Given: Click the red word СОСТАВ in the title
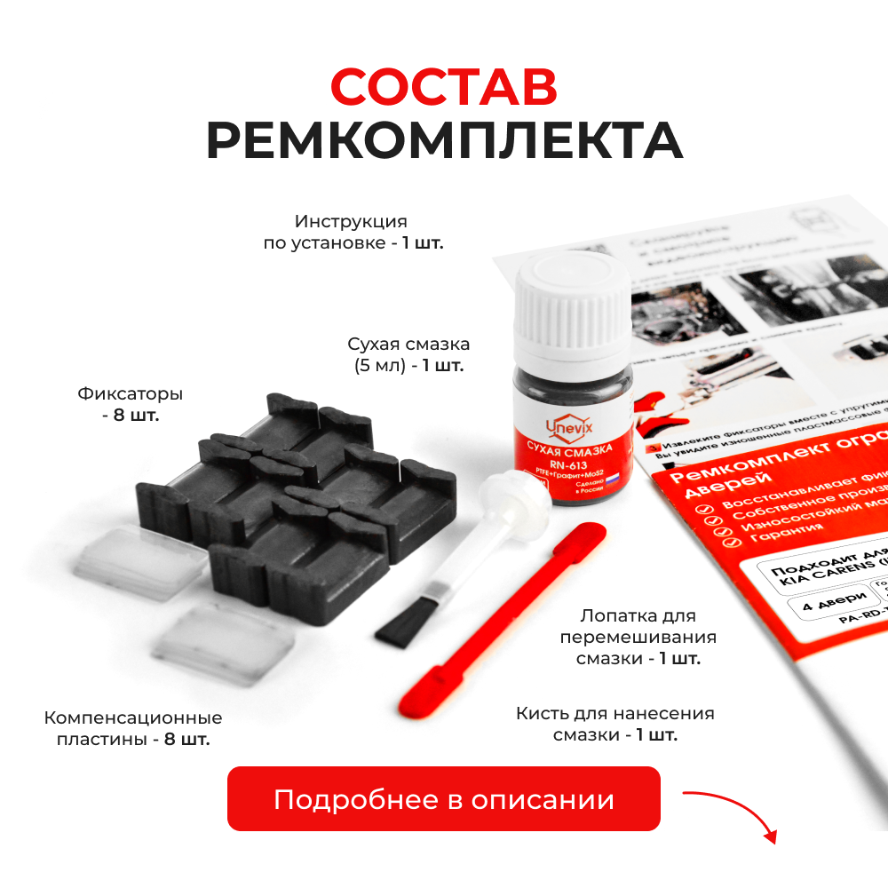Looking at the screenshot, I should pyautogui.click(x=443, y=87).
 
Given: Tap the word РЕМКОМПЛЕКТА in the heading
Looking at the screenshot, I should pyautogui.click(x=444, y=140).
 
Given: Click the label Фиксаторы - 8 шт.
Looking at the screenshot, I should pyautogui.click(x=131, y=404).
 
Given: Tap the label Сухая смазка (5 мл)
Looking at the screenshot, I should pyautogui.click(x=408, y=354).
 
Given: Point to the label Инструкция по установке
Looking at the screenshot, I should pyautogui.click(x=353, y=232).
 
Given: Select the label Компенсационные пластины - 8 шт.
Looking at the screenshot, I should pyautogui.click(x=133, y=728).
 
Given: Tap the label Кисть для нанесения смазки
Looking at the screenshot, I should pyautogui.click(x=614, y=724).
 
